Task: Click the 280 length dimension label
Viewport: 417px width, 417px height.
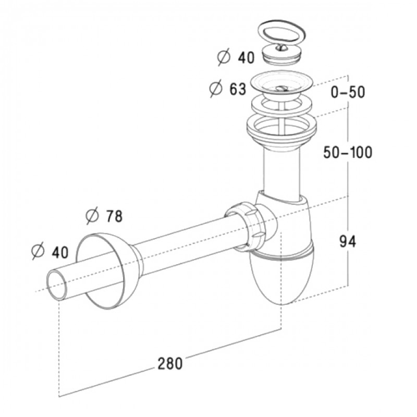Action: click(x=170, y=363)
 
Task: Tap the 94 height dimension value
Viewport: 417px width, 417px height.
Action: click(x=348, y=242)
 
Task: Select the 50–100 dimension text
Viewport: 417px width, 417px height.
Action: click(x=348, y=152)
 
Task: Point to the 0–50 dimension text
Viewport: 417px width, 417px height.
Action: click(x=348, y=92)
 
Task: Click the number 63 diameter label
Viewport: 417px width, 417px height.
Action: click(x=238, y=89)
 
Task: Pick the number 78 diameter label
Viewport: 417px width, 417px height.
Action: click(x=114, y=216)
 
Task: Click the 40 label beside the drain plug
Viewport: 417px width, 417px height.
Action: click(x=246, y=57)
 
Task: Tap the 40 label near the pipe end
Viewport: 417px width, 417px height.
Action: click(x=60, y=252)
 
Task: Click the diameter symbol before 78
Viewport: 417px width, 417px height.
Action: click(x=92, y=216)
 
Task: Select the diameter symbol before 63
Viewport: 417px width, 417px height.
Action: click(x=216, y=89)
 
